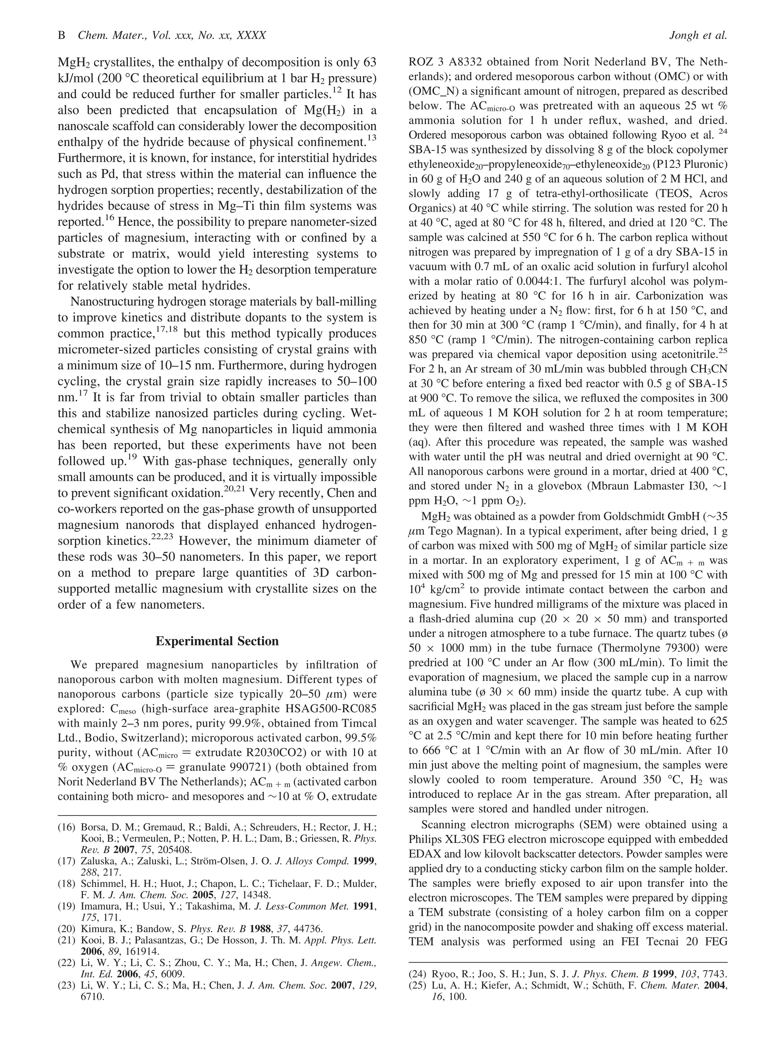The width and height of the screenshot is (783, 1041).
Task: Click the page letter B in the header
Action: pos(61,35)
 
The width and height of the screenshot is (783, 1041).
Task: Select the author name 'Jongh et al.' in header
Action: pos(697,35)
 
